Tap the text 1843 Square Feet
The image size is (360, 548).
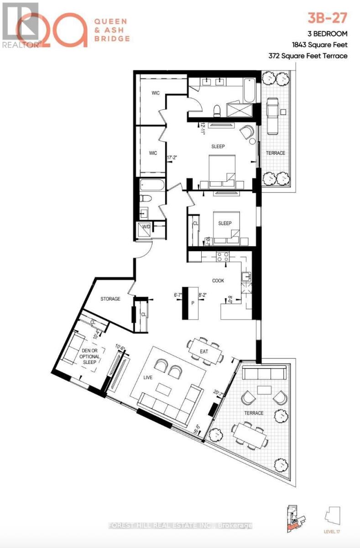319,45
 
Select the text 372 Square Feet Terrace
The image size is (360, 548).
309,56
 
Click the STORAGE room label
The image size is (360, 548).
110,299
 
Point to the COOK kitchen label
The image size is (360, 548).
218,280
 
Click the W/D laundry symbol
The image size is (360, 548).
147,227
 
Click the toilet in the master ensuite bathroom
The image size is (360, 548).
218,110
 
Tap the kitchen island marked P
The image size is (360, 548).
193,303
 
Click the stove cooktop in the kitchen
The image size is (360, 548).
222,257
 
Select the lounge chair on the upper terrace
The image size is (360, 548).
273,116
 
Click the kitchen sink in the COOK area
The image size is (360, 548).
246,276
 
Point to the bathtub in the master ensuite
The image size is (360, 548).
249,90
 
